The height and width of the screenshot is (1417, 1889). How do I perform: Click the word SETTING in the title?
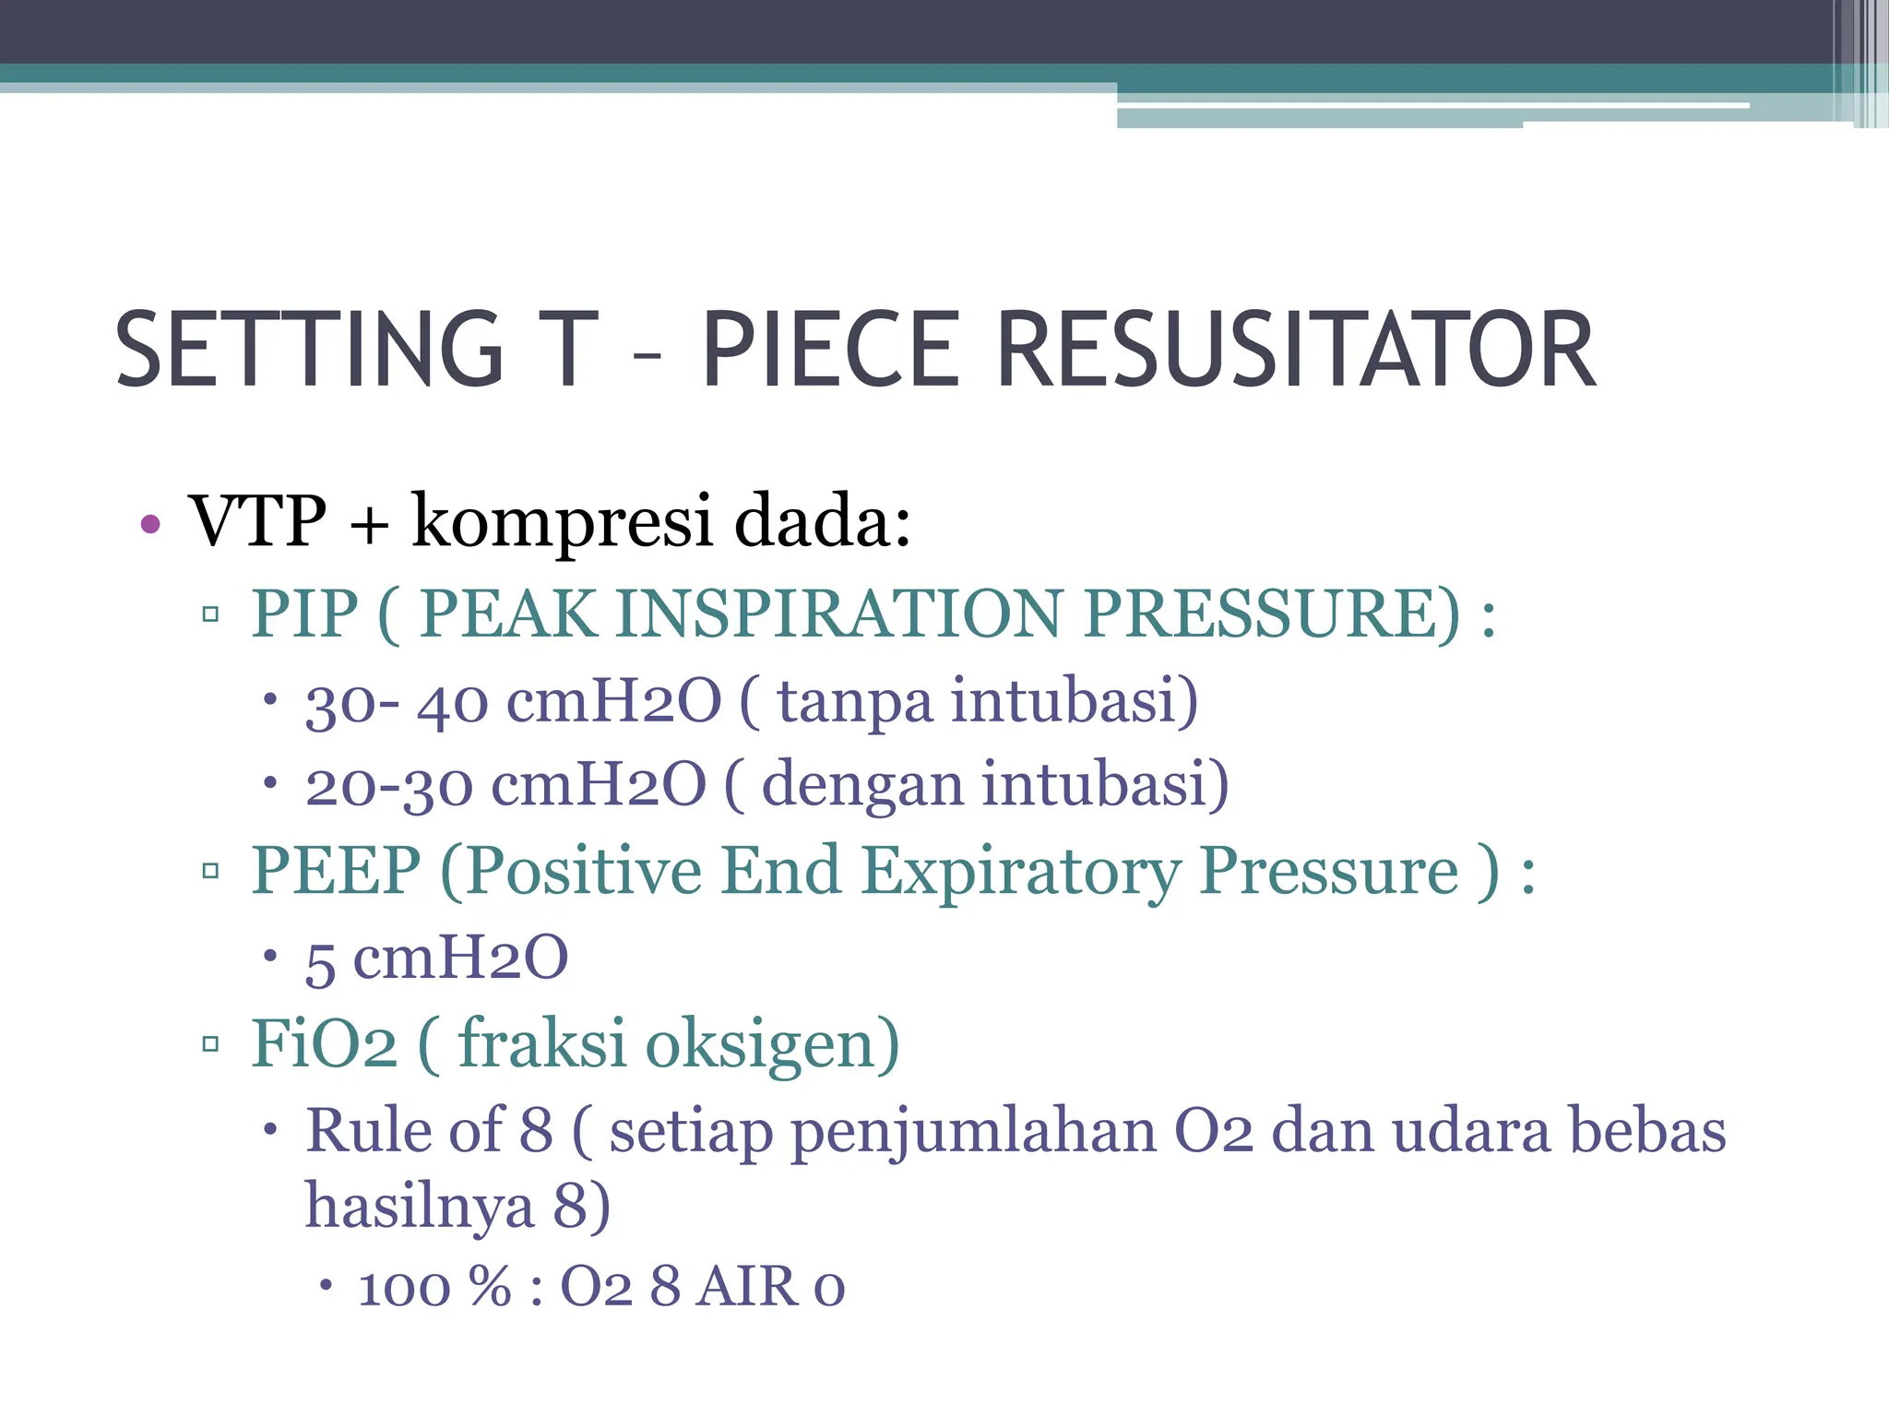(310, 351)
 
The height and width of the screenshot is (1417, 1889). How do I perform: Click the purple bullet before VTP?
(150, 526)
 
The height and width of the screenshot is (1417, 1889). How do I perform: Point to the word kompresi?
(562, 522)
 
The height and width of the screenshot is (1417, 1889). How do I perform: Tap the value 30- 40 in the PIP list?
(397, 703)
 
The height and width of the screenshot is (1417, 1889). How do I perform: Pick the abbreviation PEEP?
(336, 871)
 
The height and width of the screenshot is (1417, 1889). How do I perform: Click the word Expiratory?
(1020, 873)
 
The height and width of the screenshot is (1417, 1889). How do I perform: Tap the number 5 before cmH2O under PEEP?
(320, 961)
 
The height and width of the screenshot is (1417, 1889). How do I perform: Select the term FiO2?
(324, 1044)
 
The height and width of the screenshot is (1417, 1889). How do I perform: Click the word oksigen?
(771, 1046)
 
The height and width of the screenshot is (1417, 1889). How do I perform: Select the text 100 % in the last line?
(434, 1288)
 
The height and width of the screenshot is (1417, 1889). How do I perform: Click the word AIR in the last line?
(747, 1288)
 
